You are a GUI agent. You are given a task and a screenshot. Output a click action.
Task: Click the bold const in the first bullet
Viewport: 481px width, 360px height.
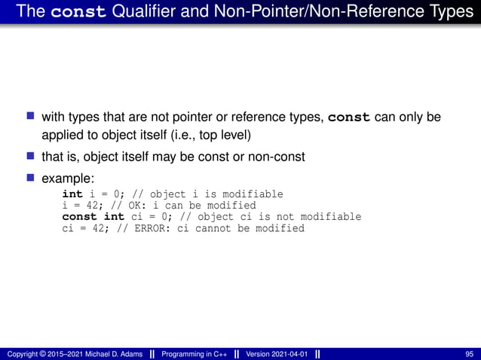(x=350, y=118)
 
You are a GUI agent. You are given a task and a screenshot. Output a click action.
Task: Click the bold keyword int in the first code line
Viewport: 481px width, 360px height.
(x=72, y=194)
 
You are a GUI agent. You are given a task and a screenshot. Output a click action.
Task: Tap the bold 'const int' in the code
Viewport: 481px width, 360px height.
(x=93, y=217)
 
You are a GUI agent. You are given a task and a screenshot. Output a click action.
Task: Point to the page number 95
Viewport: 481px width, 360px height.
(x=470, y=354)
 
